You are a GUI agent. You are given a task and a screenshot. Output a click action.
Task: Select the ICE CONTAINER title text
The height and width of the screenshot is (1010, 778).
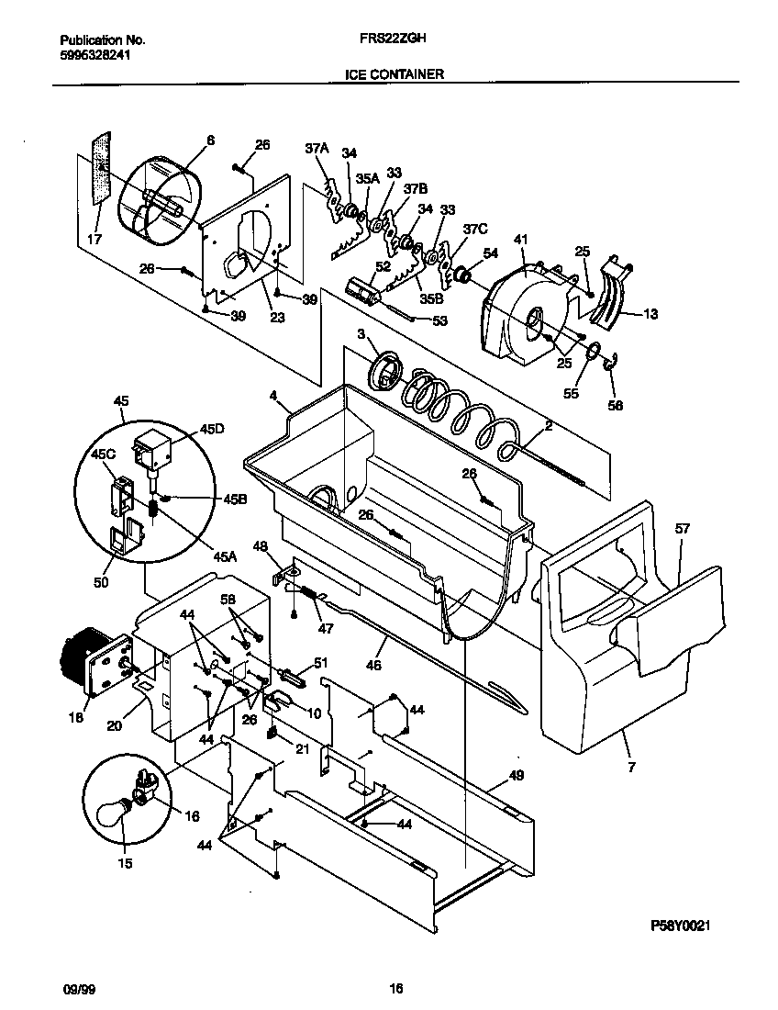[395, 73]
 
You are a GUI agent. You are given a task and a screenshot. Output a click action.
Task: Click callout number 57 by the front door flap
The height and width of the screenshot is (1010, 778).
[683, 529]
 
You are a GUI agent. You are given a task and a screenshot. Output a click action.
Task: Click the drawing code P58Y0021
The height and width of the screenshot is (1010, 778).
[682, 927]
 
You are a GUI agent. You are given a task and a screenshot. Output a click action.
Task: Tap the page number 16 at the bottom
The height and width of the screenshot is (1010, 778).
[395, 989]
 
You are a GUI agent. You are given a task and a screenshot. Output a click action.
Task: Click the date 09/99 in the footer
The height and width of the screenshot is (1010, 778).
[74, 989]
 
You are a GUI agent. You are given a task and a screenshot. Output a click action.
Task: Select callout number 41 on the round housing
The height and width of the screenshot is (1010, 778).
[521, 241]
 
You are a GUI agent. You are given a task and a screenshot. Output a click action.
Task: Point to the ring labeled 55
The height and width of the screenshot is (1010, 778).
[594, 350]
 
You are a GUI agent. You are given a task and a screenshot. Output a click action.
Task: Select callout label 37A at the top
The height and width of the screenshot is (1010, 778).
[317, 147]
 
